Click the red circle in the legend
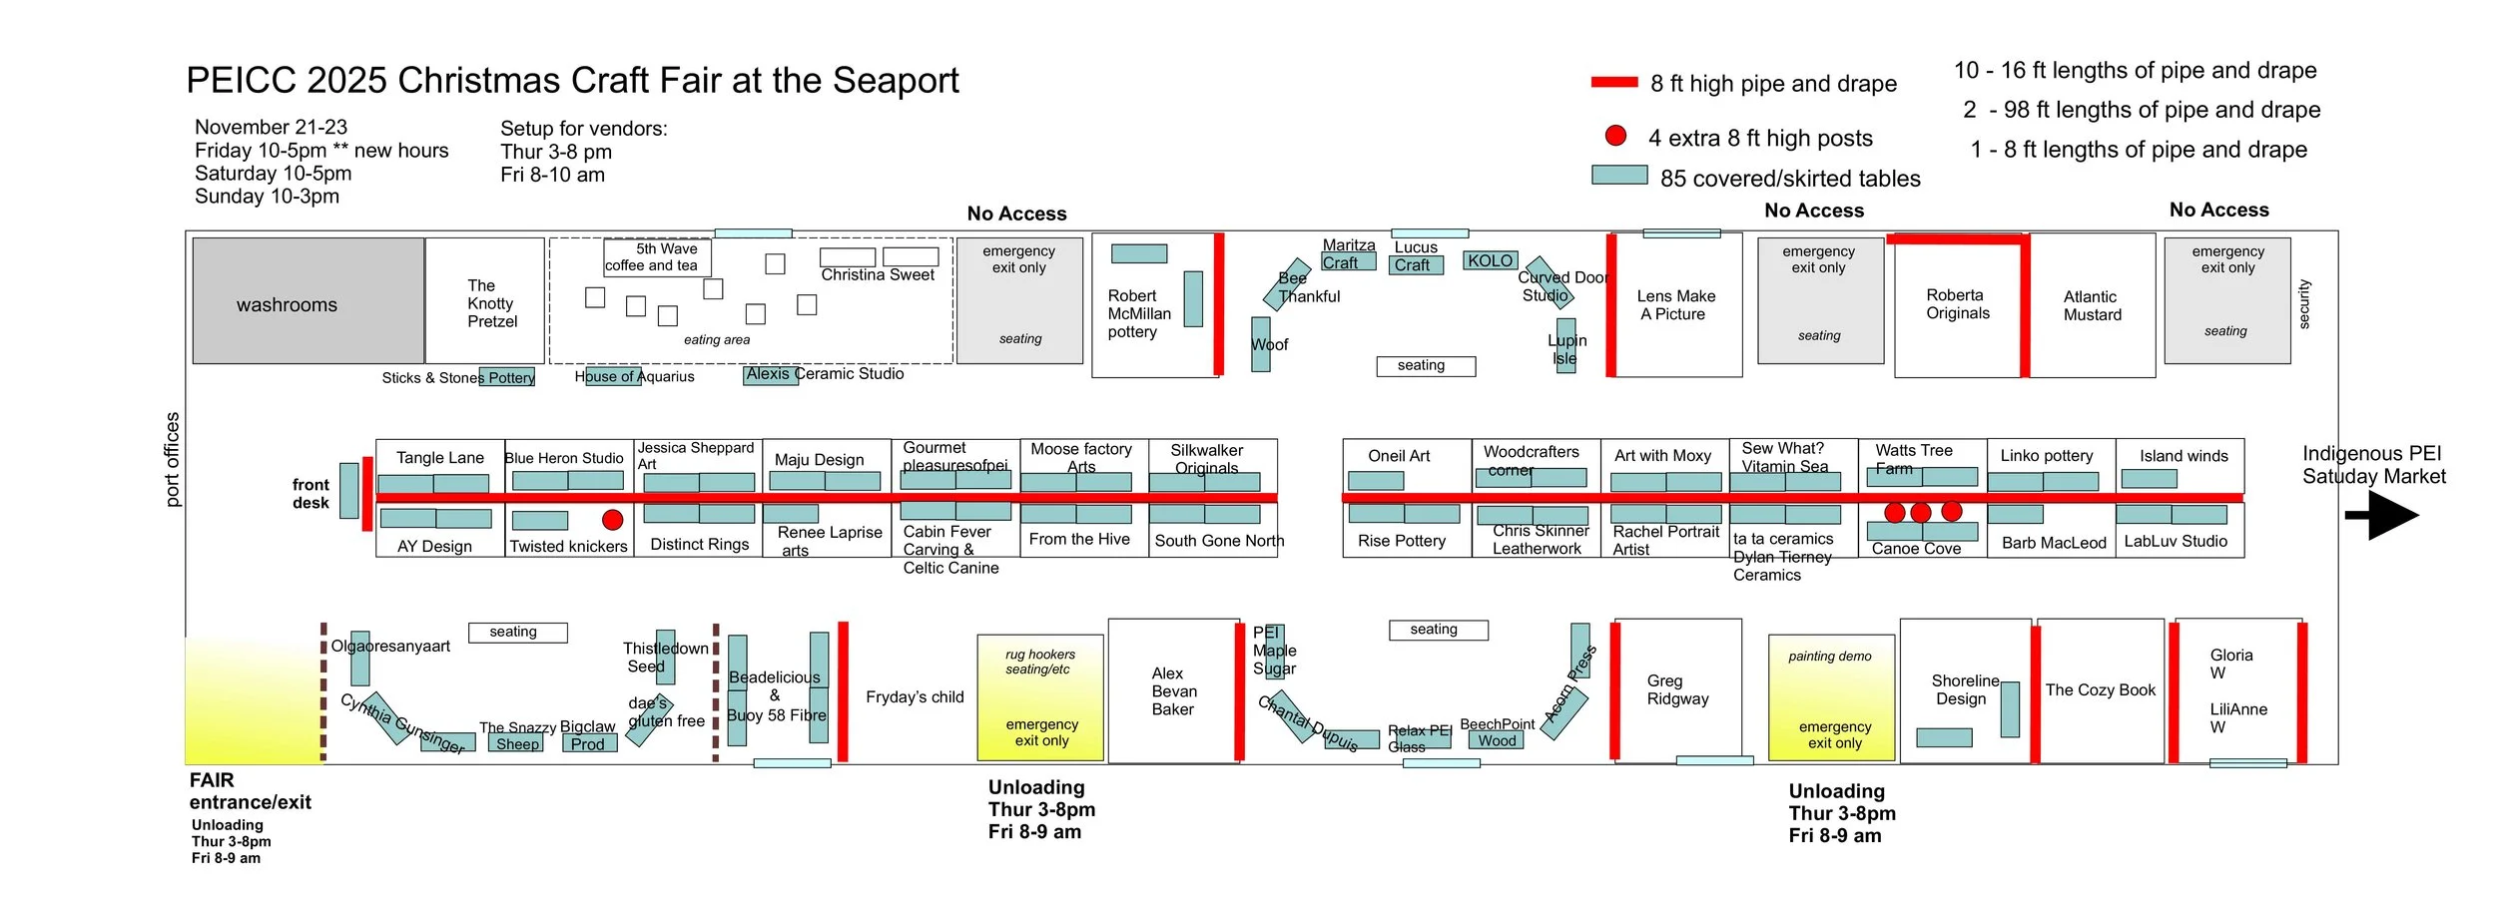(1615, 136)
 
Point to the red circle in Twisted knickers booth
(613, 519)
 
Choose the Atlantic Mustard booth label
(2092, 305)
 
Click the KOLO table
(1490, 260)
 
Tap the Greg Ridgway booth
(1677, 689)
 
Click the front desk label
(311, 493)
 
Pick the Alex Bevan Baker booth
(1173, 690)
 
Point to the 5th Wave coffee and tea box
(656, 256)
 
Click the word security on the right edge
(2303, 303)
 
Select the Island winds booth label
(2184, 456)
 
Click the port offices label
(172, 459)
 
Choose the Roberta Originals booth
(1957, 304)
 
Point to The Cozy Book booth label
(2100, 689)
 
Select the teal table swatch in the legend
(1618, 176)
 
